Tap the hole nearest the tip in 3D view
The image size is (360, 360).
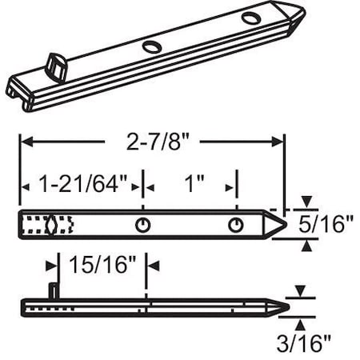250,18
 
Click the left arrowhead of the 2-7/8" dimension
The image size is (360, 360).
25,142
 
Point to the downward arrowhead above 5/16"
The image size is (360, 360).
306,202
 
